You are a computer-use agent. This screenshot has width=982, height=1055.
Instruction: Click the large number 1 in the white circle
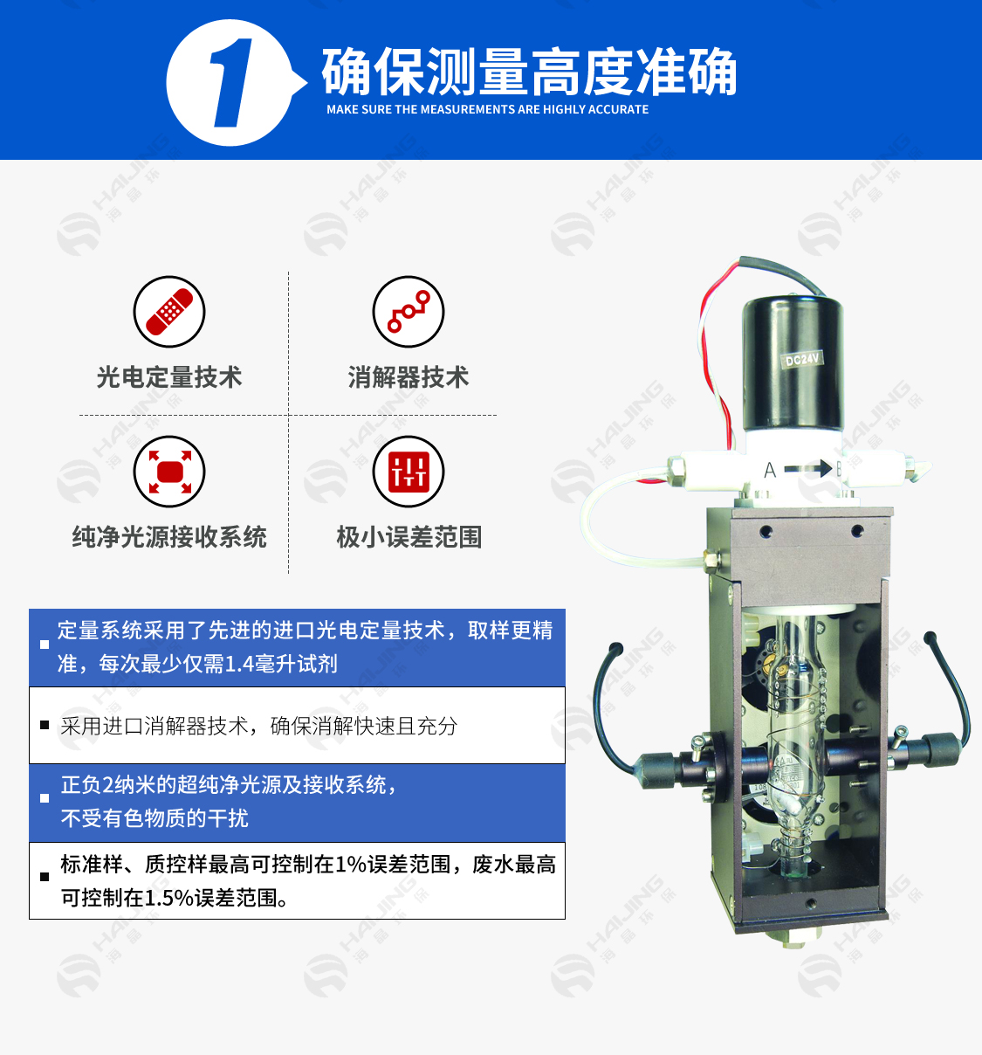pyautogui.click(x=231, y=84)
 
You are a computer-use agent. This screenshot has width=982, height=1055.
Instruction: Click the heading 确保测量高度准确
pyautogui.click(x=529, y=72)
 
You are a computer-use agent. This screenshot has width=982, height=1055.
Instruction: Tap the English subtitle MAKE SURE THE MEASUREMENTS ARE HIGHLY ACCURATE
pyautogui.click(x=487, y=110)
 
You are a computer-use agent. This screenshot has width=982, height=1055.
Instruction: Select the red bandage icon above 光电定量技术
pyautogui.click(x=169, y=312)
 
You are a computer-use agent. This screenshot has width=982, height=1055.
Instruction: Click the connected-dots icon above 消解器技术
pyautogui.click(x=409, y=312)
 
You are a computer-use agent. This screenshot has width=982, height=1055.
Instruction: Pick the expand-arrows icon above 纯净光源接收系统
pyautogui.click(x=169, y=472)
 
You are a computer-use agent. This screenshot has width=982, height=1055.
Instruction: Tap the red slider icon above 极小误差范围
pyautogui.click(x=409, y=472)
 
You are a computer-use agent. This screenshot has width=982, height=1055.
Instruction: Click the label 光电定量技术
pyautogui.click(x=169, y=377)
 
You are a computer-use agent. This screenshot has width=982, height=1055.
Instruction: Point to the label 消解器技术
pyautogui.click(x=409, y=377)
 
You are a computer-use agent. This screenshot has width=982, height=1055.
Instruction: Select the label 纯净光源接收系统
pyautogui.click(x=169, y=537)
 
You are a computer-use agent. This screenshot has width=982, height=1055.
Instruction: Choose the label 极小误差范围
pyautogui.click(x=409, y=537)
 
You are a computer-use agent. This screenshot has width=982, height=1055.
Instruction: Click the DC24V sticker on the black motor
pyautogui.click(x=801, y=359)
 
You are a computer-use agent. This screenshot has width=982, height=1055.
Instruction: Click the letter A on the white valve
pyautogui.click(x=770, y=471)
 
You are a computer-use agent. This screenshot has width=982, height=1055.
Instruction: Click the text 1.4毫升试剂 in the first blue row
pyautogui.click(x=281, y=665)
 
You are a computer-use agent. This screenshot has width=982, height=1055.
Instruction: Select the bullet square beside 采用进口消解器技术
pyautogui.click(x=45, y=726)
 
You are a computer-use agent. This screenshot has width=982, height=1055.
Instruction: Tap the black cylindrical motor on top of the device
pyautogui.click(x=793, y=362)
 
